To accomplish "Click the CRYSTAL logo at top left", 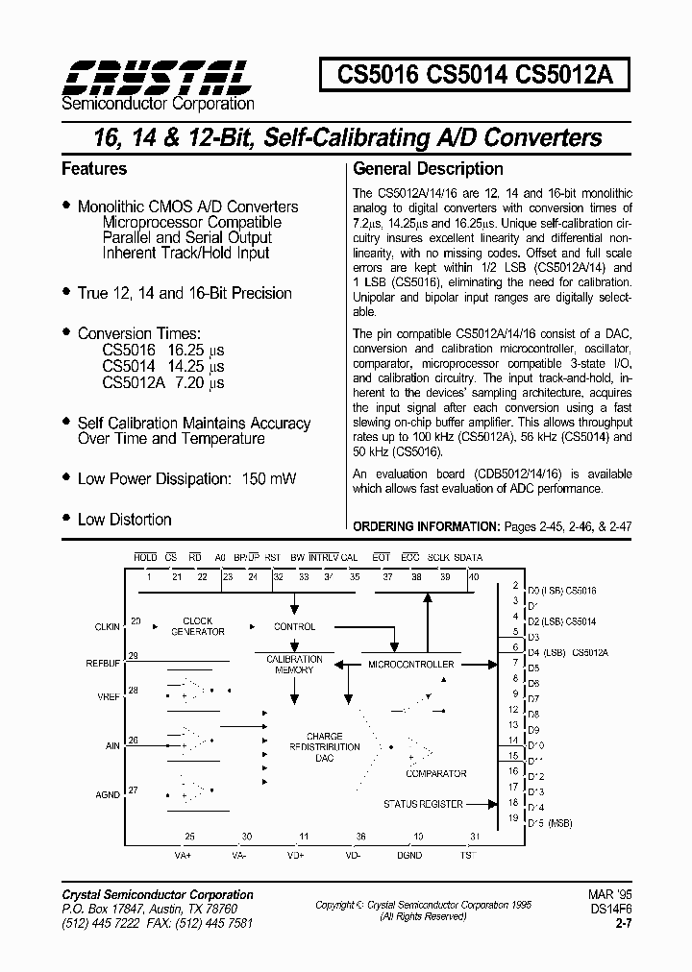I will pos(157,75).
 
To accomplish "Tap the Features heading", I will pos(94,169).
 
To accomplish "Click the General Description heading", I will pos(428,169).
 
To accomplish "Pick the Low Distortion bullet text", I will pos(124,520).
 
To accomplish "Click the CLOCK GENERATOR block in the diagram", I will pos(198,626).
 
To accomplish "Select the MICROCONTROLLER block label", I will pos(411,664).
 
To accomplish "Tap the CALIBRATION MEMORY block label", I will pos(294,665).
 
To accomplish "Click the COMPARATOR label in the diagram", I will pos(435,773).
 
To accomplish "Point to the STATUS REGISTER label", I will pos(423,804).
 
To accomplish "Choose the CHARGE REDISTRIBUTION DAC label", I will pos(324,747).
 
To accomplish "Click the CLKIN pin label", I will pos(107,626).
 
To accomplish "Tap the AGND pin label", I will pos(109,795).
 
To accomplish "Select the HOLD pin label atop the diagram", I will pos(145,557).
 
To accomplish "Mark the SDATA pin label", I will pos(468,557).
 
